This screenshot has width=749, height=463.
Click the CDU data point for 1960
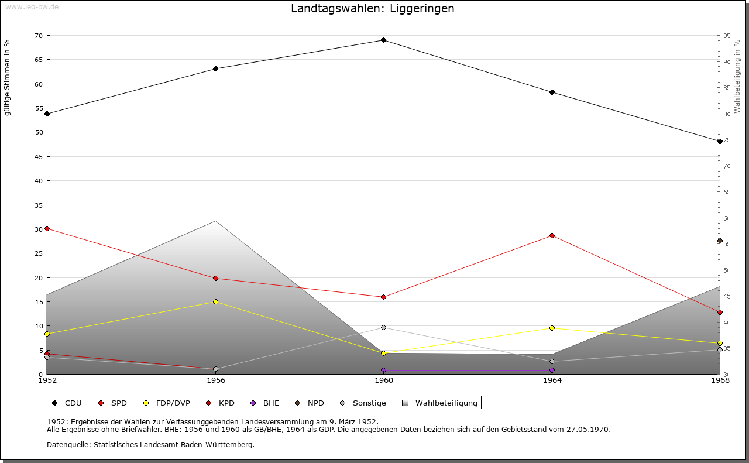(x=383, y=40)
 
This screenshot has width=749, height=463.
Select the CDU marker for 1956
(x=215, y=69)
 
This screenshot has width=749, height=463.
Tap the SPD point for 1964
(x=552, y=236)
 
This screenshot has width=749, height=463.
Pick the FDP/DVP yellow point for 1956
(x=215, y=302)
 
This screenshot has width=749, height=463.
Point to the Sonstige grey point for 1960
(x=383, y=327)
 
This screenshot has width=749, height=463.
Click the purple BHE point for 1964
(x=552, y=371)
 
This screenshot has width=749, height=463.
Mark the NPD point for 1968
(x=720, y=241)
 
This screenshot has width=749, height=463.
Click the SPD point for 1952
(x=47, y=229)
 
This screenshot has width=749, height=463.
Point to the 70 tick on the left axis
(x=38, y=36)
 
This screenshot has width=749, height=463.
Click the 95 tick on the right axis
(x=727, y=36)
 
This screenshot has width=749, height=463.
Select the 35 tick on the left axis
(x=38, y=205)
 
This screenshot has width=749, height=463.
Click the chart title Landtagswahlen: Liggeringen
(x=373, y=9)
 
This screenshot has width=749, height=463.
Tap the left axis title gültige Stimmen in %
(x=8, y=77)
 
